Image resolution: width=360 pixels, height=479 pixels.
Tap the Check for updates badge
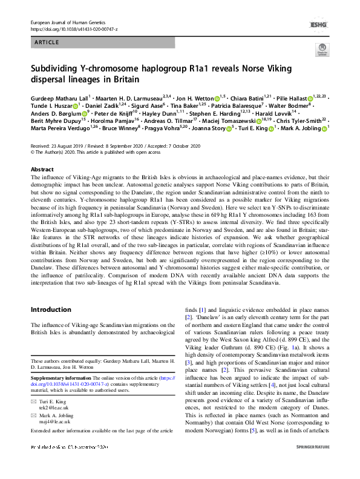tap(321, 51)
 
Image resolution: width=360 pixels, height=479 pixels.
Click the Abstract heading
tap(42, 170)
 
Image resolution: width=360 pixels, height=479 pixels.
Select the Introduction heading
tap(52, 309)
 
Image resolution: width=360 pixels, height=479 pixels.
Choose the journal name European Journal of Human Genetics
tap(71, 22)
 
